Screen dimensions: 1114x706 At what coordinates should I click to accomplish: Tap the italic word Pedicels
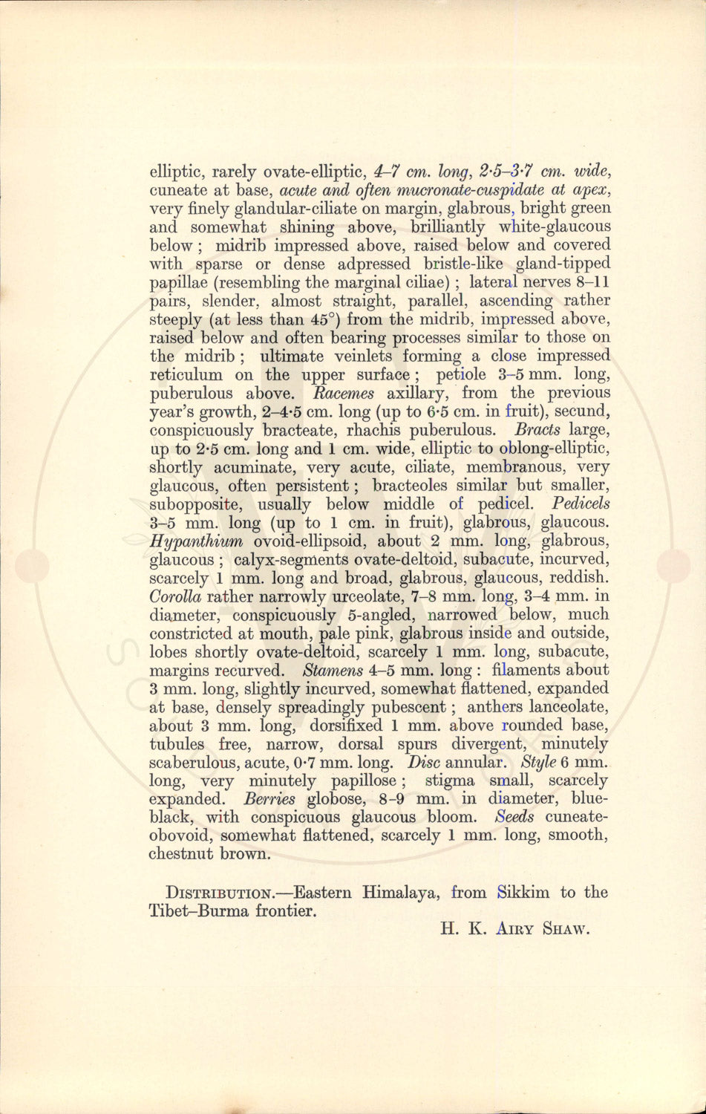[582, 504]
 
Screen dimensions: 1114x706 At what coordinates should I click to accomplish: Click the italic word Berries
[269, 799]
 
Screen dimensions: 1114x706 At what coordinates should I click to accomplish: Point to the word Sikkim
[524, 893]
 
